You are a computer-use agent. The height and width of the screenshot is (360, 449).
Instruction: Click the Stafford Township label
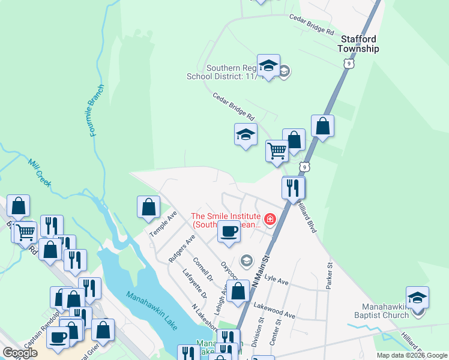click(x=359, y=44)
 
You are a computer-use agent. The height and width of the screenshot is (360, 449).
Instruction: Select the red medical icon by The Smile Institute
click(x=270, y=220)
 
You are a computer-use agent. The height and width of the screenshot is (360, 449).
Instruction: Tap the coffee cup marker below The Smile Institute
click(x=229, y=230)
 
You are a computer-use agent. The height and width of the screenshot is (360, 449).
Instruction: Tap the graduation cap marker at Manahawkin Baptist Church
click(x=418, y=296)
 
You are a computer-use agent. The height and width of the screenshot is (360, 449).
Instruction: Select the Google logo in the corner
click(x=20, y=353)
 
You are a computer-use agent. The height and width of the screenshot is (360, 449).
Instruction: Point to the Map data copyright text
click(x=411, y=355)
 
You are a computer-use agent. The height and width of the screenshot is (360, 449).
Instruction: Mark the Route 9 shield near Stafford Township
click(x=349, y=62)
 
